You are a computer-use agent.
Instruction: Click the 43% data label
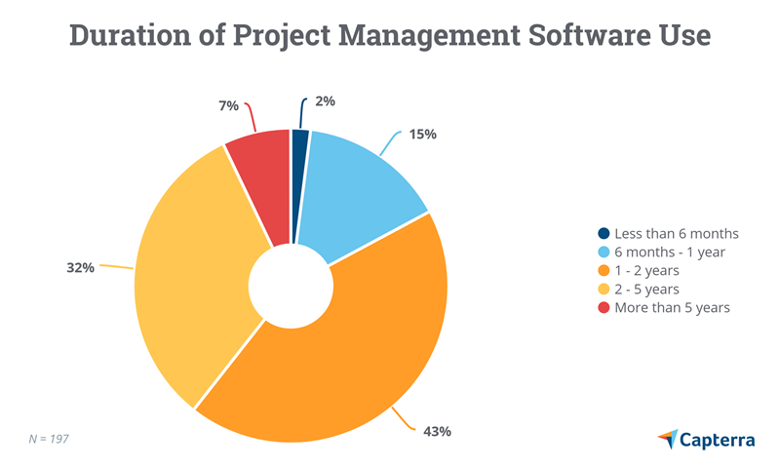(437, 431)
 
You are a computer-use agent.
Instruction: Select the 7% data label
(228, 105)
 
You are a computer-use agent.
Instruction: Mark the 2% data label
(326, 100)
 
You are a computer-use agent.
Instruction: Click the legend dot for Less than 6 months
(604, 234)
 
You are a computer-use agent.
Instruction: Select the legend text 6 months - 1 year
(669, 253)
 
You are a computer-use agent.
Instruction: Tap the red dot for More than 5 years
(604, 308)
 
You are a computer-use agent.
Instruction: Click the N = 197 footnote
(49, 440)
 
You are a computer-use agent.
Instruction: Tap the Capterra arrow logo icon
(668, 440)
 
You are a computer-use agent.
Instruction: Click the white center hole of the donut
(291, 285)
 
